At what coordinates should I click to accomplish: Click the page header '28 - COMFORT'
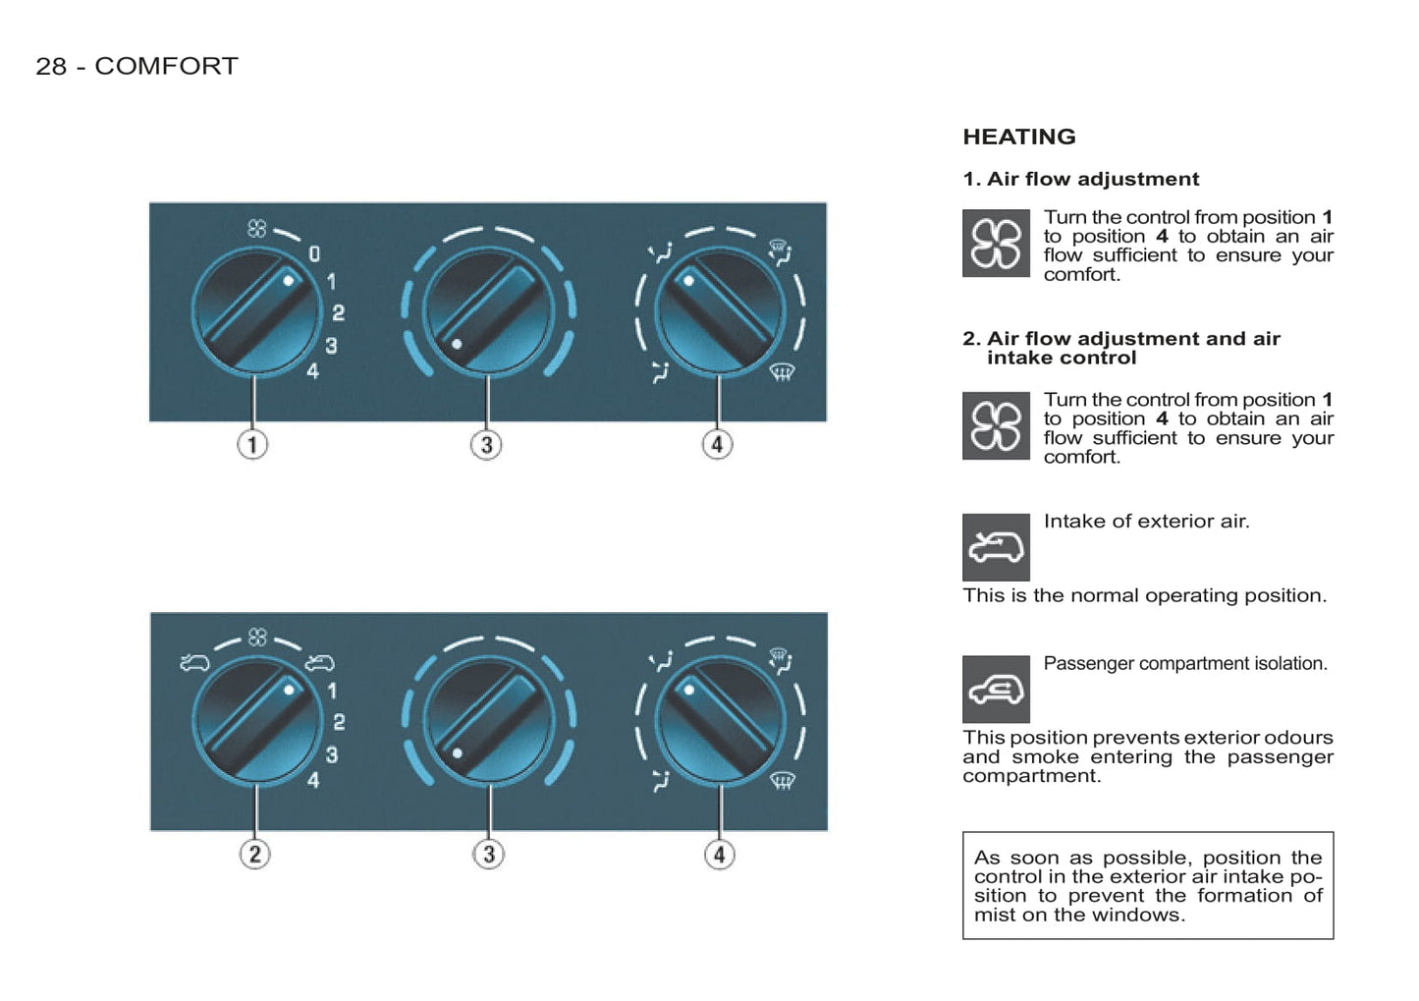coord(136,66)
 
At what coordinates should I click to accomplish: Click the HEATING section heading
coord(1019,137)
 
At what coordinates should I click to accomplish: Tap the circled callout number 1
coord(252,444)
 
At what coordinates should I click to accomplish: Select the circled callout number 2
coord(254,854)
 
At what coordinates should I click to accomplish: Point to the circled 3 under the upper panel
coord(486,444)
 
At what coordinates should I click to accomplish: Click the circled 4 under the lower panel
coord(720,854)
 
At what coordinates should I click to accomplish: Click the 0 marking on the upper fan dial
coord(314,254)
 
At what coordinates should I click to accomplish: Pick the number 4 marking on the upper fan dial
coord(313,371)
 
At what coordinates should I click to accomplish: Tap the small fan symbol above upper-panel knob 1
coord(256,228)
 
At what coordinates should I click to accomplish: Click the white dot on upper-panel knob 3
coord(457,345)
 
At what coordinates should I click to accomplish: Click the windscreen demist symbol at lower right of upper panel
coord(783,372)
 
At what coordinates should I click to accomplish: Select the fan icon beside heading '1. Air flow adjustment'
coord(996,244)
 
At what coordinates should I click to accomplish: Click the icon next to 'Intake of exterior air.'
coord(996,547)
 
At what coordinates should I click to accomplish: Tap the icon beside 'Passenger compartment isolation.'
coord(996,690)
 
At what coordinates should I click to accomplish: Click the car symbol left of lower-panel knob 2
coord(194,663)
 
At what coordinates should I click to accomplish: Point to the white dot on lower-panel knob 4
coord(689,690)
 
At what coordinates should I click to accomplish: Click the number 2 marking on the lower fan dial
coord(339,722)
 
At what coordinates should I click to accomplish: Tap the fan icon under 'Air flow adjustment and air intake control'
coord(996,425)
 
